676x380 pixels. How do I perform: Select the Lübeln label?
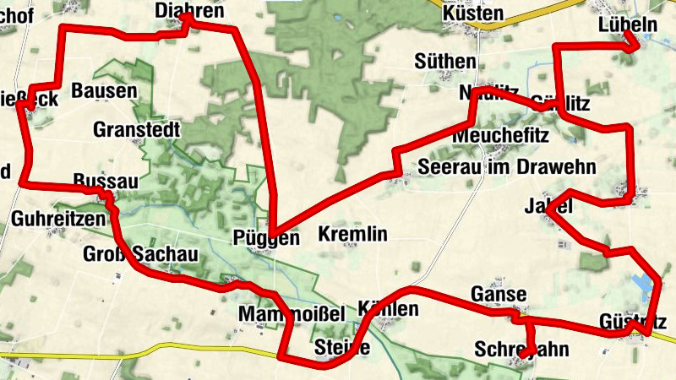coord(627,24)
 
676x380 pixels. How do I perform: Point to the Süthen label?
coord(445,61)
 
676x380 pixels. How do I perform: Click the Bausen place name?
coord(104,90)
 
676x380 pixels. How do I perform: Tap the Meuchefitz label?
coord(501,135)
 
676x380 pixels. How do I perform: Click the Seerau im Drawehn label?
coord(508,166)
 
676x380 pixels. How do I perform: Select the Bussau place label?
coord(105,182)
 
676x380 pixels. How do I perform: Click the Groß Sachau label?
coord(140,255)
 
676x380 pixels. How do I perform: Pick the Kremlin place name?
coord(352,234)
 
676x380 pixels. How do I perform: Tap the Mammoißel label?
coord(292,314)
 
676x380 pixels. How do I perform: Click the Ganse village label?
coord(499,295)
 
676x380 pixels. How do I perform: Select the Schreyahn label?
coord(521,349)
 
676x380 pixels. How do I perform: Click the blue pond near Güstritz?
coord(645,285)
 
